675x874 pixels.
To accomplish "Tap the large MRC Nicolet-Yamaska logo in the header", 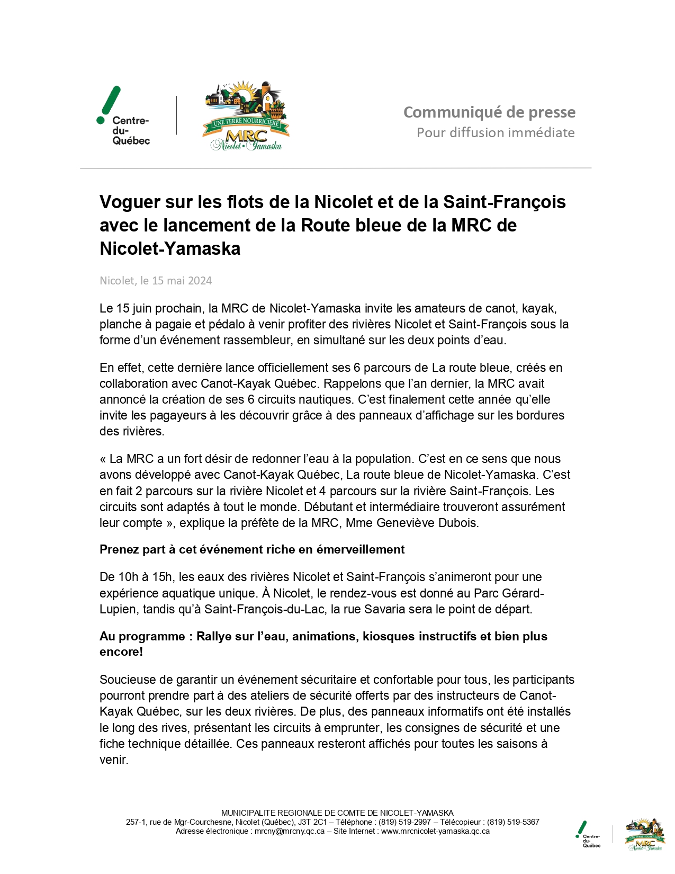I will point(246,116).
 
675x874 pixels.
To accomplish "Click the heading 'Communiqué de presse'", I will point(489,112).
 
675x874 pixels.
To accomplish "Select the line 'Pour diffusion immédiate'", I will point(496,132).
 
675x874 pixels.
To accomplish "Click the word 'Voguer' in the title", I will point(130,202).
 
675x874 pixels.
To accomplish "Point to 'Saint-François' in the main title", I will point(504,202).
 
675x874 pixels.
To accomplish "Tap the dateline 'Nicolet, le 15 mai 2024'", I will point(156,281).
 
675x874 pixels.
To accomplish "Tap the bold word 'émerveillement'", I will point(361,550).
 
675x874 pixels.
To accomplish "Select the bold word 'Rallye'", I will point(214,636).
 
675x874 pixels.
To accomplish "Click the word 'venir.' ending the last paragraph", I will point(114,760).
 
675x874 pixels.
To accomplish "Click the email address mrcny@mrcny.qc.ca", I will point(289,831).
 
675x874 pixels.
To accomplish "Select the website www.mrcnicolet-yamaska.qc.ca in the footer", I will point(435,831).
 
